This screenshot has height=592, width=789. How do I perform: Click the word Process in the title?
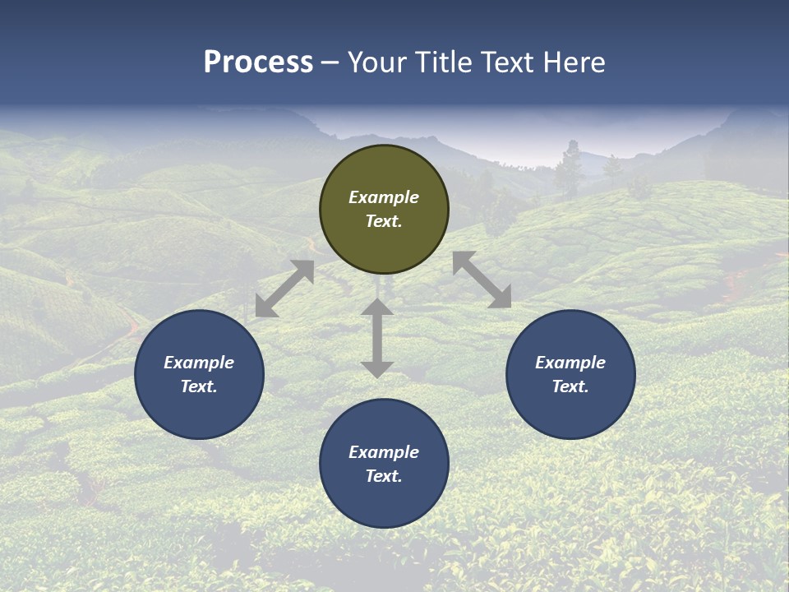coord(258,62)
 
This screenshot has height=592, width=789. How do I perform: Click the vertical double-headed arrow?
coord(377,338)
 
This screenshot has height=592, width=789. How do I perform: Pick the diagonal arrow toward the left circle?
coord(284,289)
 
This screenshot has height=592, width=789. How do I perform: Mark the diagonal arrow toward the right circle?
coord(482,280)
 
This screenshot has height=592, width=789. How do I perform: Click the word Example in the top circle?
coord(384,197)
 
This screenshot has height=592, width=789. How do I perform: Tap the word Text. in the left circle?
coord(199,386)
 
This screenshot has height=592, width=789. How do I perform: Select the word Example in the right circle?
coord(570,363)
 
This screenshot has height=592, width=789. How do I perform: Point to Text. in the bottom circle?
coord(384,476)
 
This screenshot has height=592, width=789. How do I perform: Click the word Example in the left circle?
coord(199,363)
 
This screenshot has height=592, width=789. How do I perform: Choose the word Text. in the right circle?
coord(570,386)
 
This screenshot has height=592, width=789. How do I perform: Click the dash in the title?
coord(330,62)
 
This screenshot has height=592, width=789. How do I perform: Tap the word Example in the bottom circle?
coord(384,452)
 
